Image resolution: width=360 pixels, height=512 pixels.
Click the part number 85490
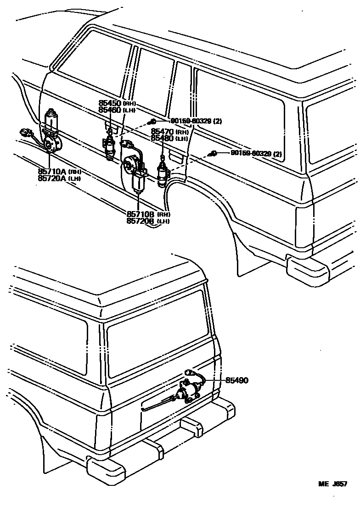pos(236,380)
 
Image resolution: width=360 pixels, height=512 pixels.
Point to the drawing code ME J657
pos(333,484)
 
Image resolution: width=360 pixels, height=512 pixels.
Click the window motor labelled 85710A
pos(51,131)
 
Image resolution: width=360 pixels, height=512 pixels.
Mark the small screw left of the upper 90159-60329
pos(152,122)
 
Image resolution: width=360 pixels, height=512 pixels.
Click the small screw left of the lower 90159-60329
pos(213,154)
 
